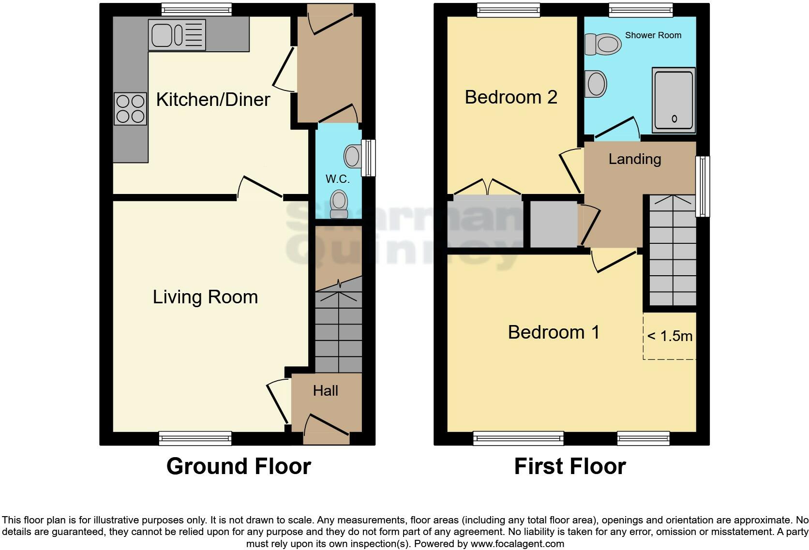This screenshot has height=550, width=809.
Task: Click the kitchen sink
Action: coord(177,35)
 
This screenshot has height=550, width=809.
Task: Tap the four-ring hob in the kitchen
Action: coord(131,109)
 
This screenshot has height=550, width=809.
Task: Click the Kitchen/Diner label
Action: coord(213,100)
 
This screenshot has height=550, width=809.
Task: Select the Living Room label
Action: coord(205,297)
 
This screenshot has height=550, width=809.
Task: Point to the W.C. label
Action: coord(337,179)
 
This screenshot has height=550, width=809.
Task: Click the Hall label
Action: coord(325,391)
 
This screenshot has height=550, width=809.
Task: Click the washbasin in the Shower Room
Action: coord(595,84)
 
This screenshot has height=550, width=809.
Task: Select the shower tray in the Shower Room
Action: coord(674,100)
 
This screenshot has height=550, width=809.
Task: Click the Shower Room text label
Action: coord(653,35)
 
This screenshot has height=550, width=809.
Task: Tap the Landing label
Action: coord(634,159)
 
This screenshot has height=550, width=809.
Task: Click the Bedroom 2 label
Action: coord(511,97)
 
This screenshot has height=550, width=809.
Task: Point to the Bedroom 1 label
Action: coord(554,332)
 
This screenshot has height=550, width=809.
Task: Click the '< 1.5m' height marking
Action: coord(670,336)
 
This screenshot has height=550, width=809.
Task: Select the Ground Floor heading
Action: coord(239,466)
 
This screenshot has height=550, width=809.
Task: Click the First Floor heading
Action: coord(569,466)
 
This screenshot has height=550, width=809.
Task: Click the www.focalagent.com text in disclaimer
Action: coord(517,544)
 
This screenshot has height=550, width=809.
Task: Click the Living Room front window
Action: coord(195,438)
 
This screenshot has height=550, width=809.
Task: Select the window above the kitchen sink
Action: coord(196,9)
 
